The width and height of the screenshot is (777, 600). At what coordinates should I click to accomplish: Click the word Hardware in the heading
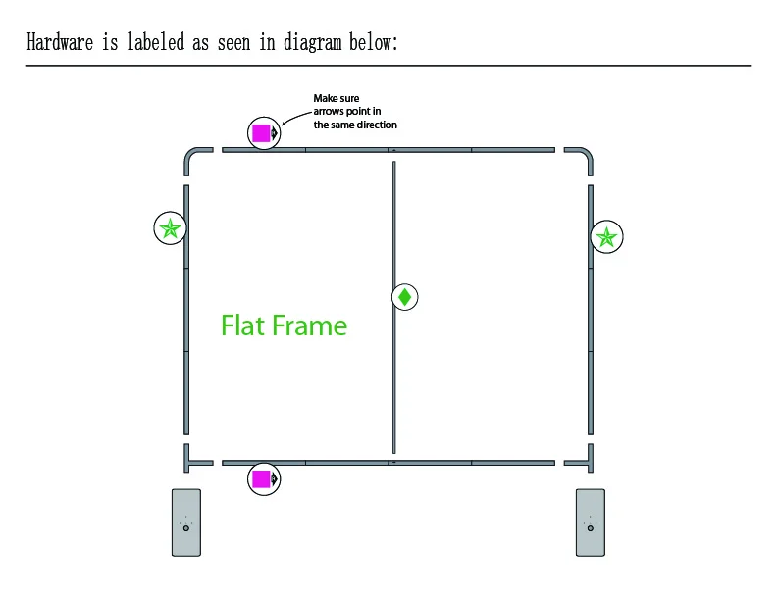[60, 43]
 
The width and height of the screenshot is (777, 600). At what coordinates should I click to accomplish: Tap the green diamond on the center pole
[404, 296]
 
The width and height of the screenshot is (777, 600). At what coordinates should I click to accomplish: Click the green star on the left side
[170, 228]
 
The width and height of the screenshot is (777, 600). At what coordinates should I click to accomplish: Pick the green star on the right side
[607, 236]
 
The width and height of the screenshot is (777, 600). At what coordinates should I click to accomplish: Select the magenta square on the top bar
[261, 132]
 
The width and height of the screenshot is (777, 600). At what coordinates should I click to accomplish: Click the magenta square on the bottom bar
[261, 478]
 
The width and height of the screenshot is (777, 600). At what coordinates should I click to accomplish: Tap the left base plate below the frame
[186, 523]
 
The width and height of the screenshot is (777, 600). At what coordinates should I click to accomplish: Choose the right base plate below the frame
[590, 523]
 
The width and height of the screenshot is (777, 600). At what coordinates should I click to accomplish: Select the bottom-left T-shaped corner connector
[193, 458]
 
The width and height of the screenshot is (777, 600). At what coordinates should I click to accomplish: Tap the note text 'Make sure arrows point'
[354, 112]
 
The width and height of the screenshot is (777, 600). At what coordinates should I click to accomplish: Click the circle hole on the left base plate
[186, 528]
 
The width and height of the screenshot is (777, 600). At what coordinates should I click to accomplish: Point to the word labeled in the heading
[162, 43]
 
